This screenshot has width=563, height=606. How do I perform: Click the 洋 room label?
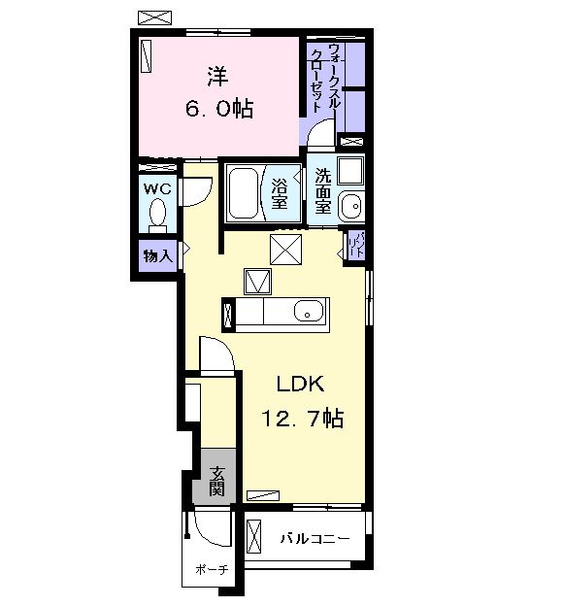215,74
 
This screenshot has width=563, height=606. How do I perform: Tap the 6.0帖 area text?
219,108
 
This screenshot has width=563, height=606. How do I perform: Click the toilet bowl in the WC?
158,212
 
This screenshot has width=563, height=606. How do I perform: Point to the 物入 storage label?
156,256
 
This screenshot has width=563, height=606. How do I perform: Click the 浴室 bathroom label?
280,194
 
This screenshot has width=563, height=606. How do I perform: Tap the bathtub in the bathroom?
244,193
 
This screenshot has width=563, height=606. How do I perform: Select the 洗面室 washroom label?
323,192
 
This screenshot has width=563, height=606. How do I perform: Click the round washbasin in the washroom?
353,205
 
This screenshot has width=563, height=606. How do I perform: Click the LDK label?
299,383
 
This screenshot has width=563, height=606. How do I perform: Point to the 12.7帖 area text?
301,419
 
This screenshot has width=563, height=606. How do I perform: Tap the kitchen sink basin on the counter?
309,312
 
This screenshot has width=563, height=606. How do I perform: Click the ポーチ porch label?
210,570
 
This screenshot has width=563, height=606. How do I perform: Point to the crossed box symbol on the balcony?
255,536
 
